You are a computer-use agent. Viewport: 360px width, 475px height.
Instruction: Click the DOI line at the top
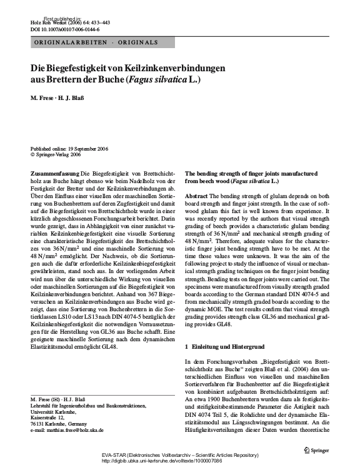click(x=58, y=29)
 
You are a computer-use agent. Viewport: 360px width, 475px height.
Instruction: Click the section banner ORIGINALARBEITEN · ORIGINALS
click(x=94, y=42)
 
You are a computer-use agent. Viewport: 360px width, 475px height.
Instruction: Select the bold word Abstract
click(x=197, y=196)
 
